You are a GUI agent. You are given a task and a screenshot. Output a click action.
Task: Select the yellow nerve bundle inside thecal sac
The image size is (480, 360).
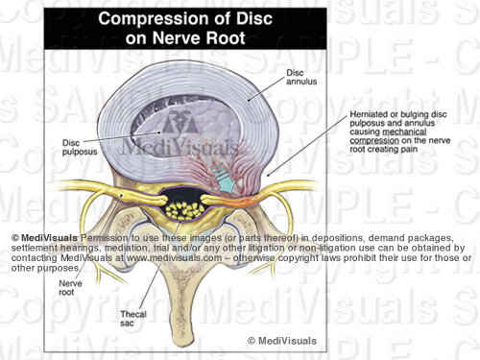(178, 204)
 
